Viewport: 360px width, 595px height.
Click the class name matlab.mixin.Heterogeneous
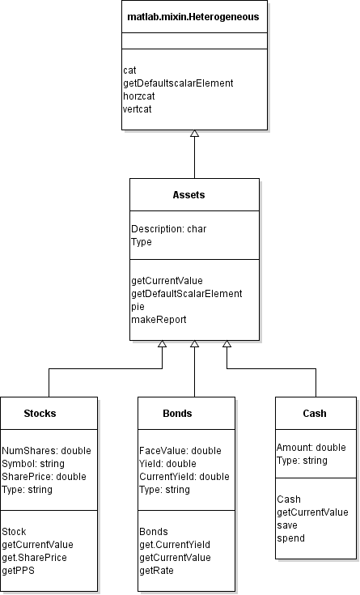(194, 16)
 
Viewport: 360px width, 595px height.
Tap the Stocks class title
(40, 413)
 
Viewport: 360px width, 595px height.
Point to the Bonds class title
(177, 413)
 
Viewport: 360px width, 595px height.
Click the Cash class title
(315, 413)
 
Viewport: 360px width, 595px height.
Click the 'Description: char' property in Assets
(168, 229)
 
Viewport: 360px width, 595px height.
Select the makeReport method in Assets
(159, 320)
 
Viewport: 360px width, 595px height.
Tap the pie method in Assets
(138, 307)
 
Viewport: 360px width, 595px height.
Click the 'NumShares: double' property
(46, 451)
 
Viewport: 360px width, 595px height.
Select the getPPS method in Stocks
(21, 571)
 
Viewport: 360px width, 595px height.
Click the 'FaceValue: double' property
(180, 451)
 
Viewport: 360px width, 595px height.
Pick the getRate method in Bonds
(157, 571)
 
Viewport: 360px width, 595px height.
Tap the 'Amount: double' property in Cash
(311, 448)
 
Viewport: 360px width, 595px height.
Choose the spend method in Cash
(290, 538)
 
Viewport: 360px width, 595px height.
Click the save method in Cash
(288, 525)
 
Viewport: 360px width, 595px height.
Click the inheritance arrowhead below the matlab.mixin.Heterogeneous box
(194, 134)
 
